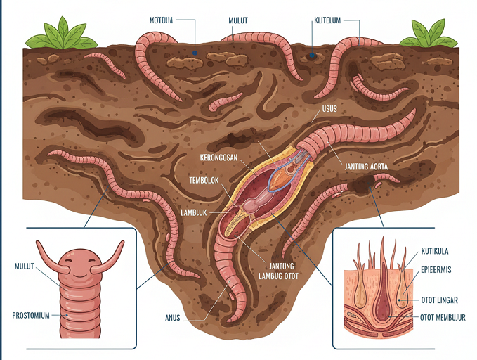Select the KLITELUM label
[x=325, y=20]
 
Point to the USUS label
[x=330, y=109]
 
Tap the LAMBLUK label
[x=199, y=212]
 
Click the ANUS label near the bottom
[x=172, y=318]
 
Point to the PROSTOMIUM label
[x=32, y=316]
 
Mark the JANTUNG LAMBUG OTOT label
[x=280, y=271]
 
